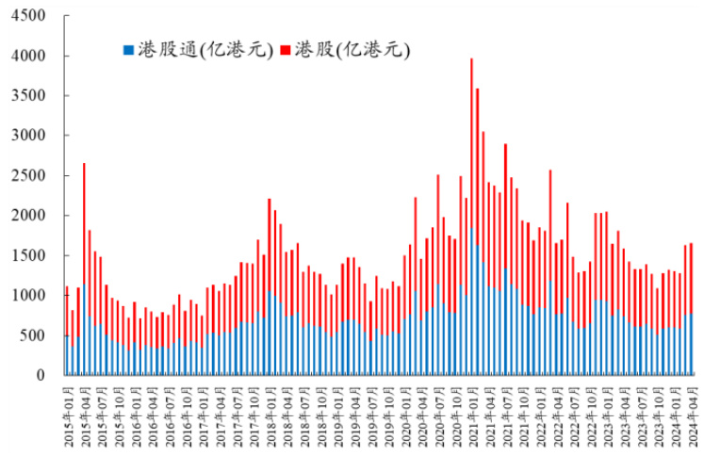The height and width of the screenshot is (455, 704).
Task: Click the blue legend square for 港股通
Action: pyautogui.click(x=129, y=49)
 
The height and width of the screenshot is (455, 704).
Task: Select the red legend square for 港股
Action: pyautogui.click(x=287, y=49)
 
